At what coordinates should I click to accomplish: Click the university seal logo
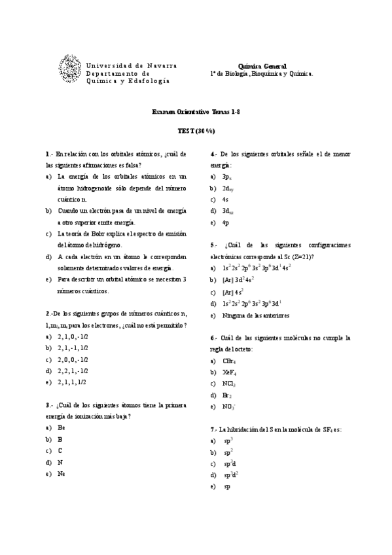click(71, 69)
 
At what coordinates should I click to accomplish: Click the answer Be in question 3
click(61, 427)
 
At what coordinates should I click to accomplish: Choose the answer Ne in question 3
click(61, 473)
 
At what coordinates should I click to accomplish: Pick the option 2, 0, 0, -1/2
click(73, 359)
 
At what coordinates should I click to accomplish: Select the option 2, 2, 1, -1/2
click(73, 370)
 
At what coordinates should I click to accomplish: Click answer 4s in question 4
click(225, 199)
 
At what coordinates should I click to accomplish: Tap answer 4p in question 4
click(225, 223)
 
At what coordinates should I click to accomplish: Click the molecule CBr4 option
click(229, 361)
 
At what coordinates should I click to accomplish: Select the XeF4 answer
click(229, 372)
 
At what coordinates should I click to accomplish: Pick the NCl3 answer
click(229, 384)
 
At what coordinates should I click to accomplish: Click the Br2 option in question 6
click(227, 395)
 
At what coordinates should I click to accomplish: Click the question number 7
click(213, 429)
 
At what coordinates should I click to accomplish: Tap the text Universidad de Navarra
click(131, 65)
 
